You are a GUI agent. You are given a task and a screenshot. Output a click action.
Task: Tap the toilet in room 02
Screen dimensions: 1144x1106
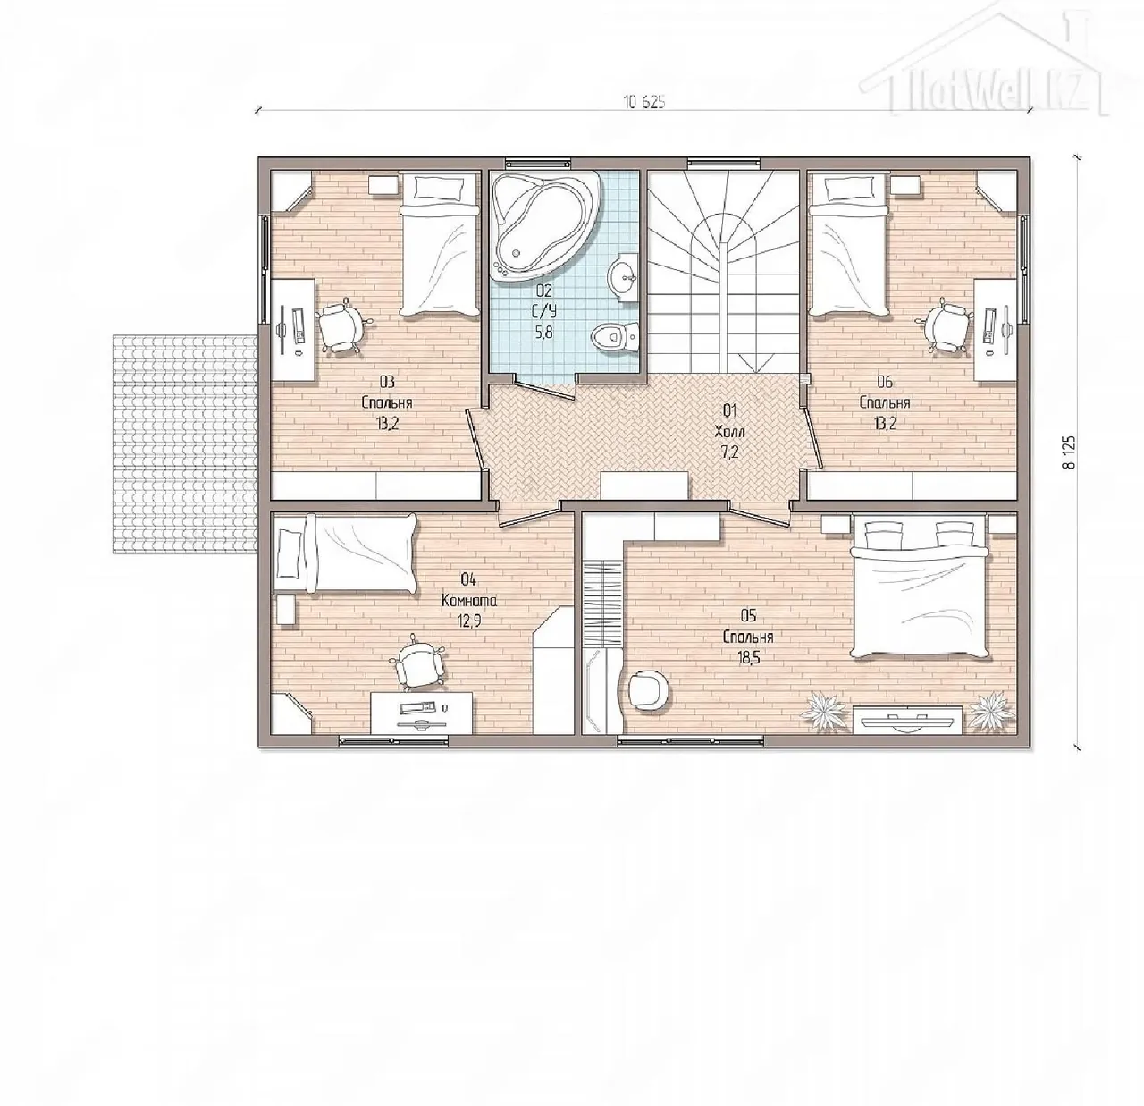[614, 337]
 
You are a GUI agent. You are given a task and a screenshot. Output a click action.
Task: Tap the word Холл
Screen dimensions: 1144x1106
[729, 432]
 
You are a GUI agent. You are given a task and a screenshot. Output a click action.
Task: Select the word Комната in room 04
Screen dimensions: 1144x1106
[469, 601]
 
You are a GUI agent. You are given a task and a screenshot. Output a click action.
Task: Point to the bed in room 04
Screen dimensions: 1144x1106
[345, 553]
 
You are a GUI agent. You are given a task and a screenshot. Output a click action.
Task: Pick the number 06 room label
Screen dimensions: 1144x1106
[885, 383]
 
